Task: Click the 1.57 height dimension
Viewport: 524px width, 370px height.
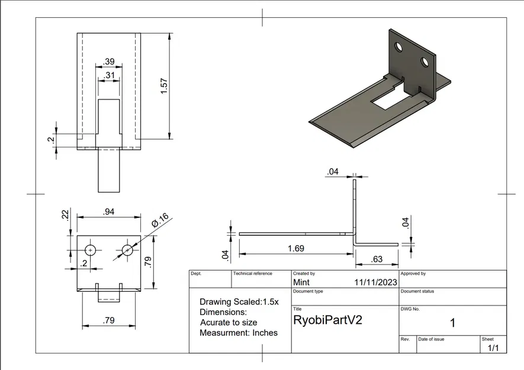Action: (165, 86)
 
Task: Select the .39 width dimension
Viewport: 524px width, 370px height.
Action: (109, 62)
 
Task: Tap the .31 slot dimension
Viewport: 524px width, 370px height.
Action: (109, 75)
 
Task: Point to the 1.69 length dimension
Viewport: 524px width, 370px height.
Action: (295, 249)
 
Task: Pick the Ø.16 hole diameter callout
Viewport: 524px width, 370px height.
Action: (160, 220)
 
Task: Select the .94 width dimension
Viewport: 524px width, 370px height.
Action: (108, 211)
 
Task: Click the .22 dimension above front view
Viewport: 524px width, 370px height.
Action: (66, 214)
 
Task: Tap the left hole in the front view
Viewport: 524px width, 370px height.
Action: (90, 250)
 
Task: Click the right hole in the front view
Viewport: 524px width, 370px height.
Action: (127, 250)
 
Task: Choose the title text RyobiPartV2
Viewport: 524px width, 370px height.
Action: (327, 320)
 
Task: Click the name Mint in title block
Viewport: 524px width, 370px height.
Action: (301, 282)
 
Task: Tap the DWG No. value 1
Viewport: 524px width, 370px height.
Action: (452, 323)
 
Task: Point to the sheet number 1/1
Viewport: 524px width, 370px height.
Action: (493, 349)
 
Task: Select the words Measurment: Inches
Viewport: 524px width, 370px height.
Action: (239, 332)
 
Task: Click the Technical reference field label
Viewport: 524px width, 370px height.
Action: (253, 274)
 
